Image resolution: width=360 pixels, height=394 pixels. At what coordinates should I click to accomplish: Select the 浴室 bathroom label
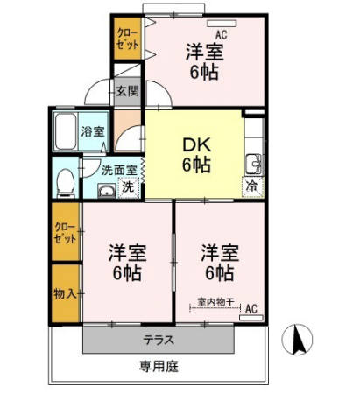click(93, 131)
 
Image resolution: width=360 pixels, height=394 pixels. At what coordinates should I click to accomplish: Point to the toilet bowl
click(65, 181)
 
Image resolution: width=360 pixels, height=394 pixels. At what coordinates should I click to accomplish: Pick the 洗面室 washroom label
click(118, 171)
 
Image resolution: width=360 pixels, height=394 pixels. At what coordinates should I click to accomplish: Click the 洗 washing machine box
click(127, 186)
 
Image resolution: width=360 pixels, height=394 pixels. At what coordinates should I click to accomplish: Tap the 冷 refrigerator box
click(251, 186)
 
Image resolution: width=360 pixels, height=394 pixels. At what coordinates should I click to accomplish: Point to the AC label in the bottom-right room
click(251, 308)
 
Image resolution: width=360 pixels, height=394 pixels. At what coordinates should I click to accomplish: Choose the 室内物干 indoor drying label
click(214, 302)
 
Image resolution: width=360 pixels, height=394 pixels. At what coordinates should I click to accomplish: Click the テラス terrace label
click(159, 340)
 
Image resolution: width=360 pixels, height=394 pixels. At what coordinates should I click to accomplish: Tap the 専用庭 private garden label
click(159, 366)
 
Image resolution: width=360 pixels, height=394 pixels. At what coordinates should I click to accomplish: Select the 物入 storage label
click(65, 292)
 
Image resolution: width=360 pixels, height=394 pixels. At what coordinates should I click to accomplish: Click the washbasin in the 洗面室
click(106, 189)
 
